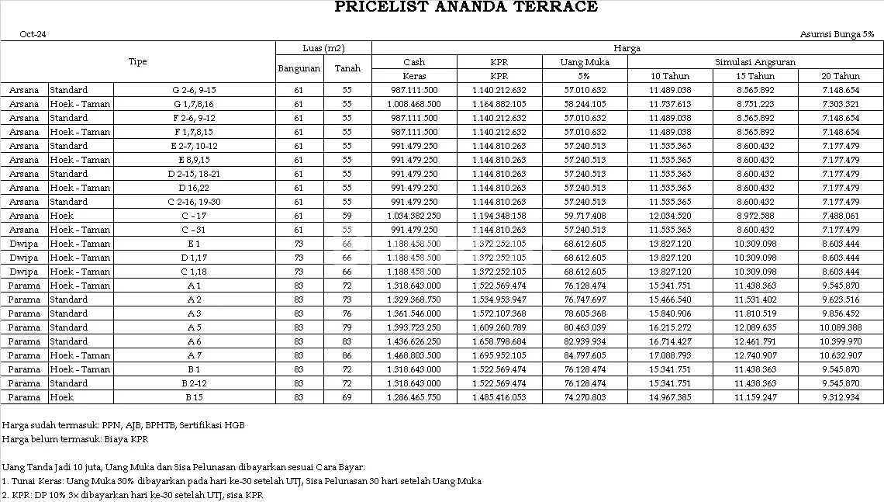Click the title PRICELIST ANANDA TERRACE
pyautogui.click(x=466, y=7)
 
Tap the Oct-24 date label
pyautogui.click(x=33, y=35)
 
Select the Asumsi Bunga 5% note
pyautogui.click(x=837, y=35)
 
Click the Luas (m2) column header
pyautogui.click(x=323, y=48)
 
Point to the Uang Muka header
pyautogui.click(x=585, y=62)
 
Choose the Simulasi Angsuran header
pyautogui.click(x=755, y=62)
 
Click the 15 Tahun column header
pyautogui.click(x=755, y=76)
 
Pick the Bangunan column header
pyautogui.click(x=299, y=68)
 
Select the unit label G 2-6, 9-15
pyautogui.click(x=194, y=90)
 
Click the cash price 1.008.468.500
pyautogui.click(x=414, y=104)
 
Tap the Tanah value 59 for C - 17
pyautogui.click(x=347, y=216)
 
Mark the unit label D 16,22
pyautogui.click(x=194, y=188)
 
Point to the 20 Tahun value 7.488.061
pyautogui.click(x=841, y=216)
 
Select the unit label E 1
pyautogui.click(x=194, y=244)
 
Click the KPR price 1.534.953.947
pyautogui.click(x=499, y=299)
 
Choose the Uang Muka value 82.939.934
pyautogui.click(x=585, y=341)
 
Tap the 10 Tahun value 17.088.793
pyautogui.click(x=670, y=355)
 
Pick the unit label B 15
pyautogui.click(x=194, y=397)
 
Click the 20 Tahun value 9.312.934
pyautogui.click(x=841, y=397)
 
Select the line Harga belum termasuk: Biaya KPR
pyautogui.click(x=75, y=439)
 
